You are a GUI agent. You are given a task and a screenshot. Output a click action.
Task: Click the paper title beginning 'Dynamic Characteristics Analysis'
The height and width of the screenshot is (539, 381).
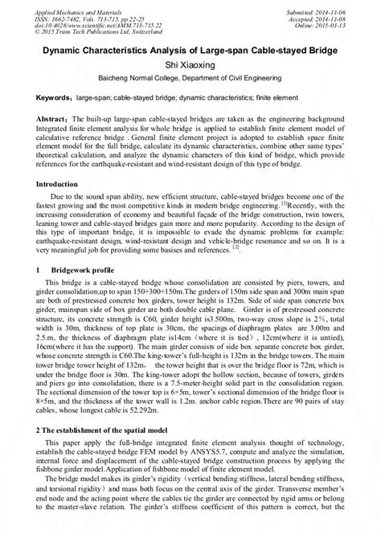(190, 51)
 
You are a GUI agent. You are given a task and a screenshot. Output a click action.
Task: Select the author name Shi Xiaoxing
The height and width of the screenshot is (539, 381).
(190, 67)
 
